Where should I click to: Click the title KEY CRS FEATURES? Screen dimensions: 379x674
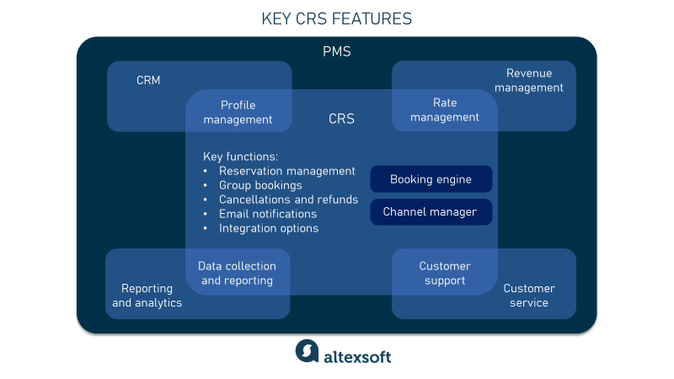tap(337, 18)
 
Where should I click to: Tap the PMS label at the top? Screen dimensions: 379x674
tap(337, 51)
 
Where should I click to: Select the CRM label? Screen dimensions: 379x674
tap(148, 81)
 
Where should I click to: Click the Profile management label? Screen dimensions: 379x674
tap(238, 112)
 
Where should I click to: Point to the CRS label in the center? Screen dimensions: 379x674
tap(341, 119)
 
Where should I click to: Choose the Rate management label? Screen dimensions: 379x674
tap(445, 109)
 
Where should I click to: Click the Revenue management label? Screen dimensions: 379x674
tap(528, 80)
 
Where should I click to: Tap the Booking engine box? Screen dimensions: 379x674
tap(431, 179)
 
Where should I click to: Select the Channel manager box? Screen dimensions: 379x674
tap(431, 211)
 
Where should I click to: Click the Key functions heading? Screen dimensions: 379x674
tap(240, 156)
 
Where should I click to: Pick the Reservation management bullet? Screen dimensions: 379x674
tap(286, 171)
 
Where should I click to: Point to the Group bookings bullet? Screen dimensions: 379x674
tap(260, 185)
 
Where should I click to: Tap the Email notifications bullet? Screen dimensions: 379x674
tap(268, 214)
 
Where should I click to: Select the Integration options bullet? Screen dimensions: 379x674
tap(269, 228)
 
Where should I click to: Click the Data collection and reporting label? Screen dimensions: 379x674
tap(237, 273)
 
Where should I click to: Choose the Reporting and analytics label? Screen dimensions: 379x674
tap(147, 295)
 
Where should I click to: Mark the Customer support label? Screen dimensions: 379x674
tap(445, 273)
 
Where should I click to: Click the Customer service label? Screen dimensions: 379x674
tap(529, 295)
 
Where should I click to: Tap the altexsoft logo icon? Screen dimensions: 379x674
tap(307, 352)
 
